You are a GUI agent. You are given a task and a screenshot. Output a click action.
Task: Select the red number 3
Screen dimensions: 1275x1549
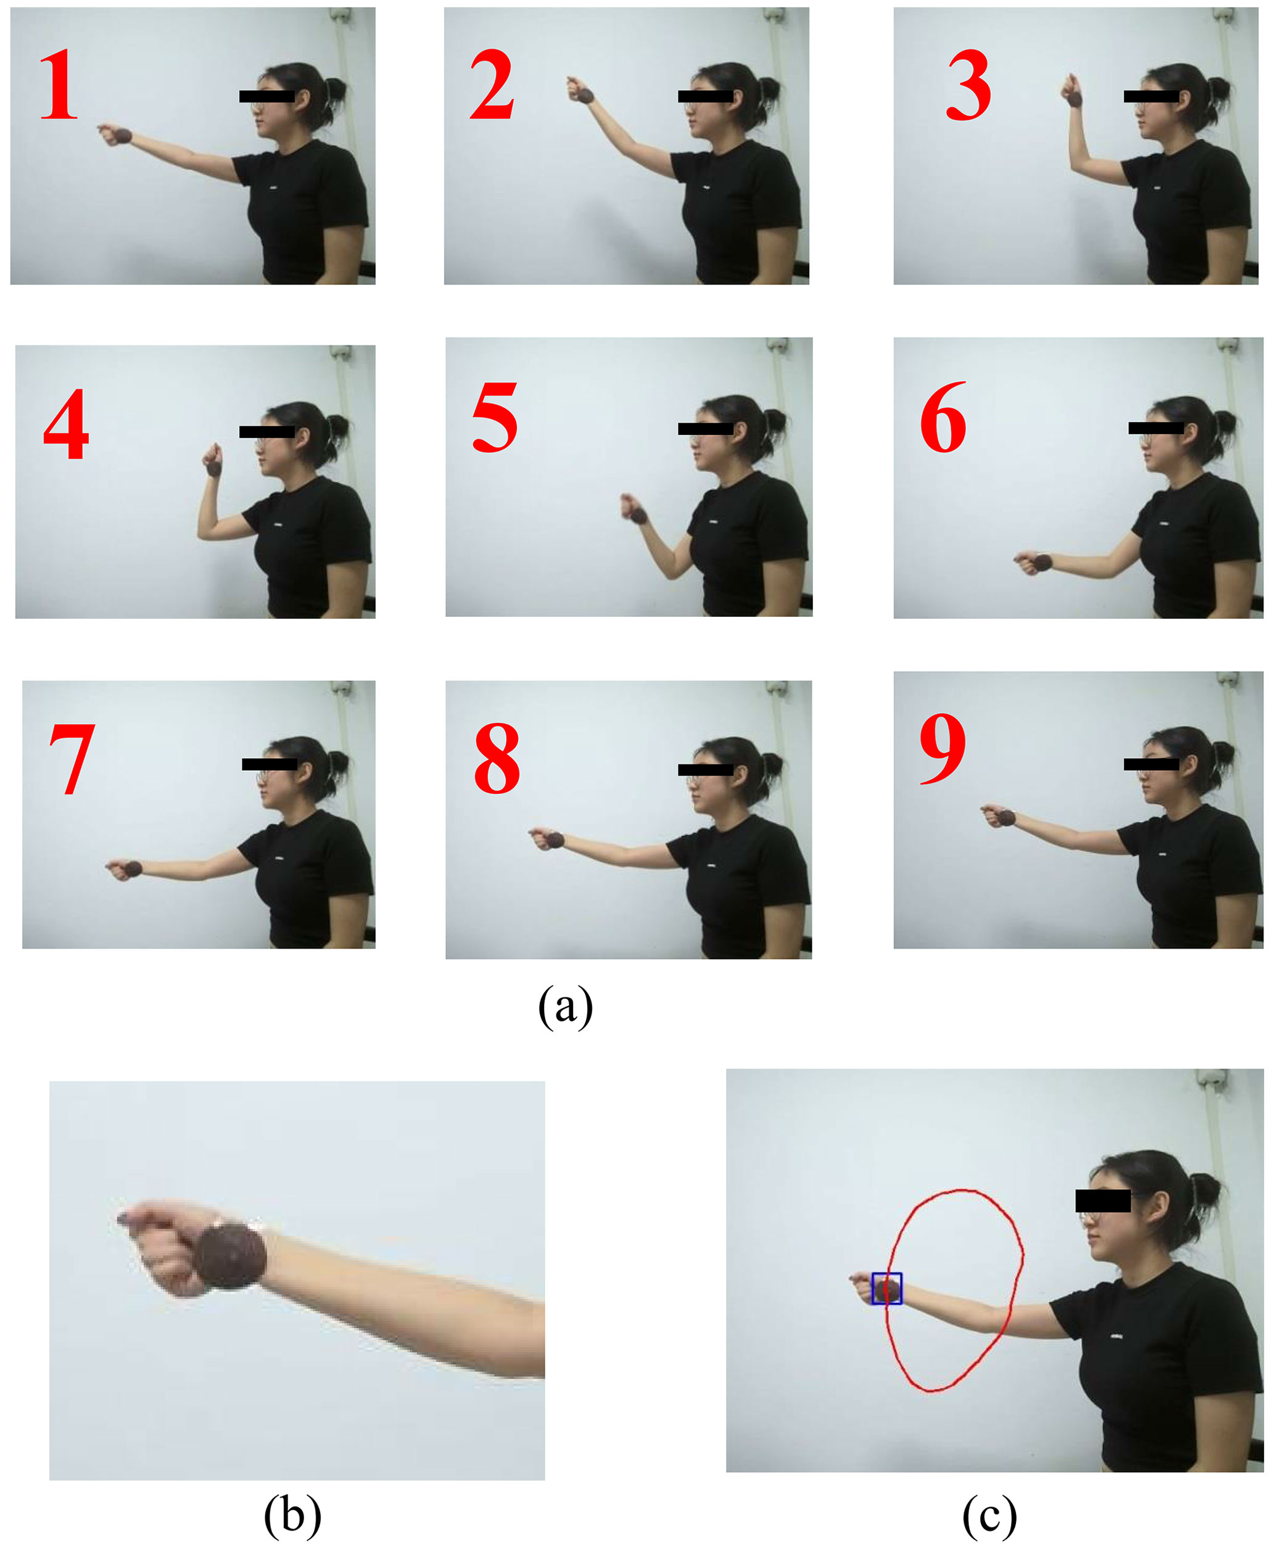(x=968, y=85)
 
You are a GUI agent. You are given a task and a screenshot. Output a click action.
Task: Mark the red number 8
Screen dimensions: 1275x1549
(x=497, y=758)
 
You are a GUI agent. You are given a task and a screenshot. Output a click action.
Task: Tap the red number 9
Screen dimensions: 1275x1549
(x=943, y=748)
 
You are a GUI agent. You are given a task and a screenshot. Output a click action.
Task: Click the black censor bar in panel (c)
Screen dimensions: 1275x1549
(x=1102, y=1200)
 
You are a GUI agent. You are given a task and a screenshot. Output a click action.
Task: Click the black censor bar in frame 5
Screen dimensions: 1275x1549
(x=705, y=428)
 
